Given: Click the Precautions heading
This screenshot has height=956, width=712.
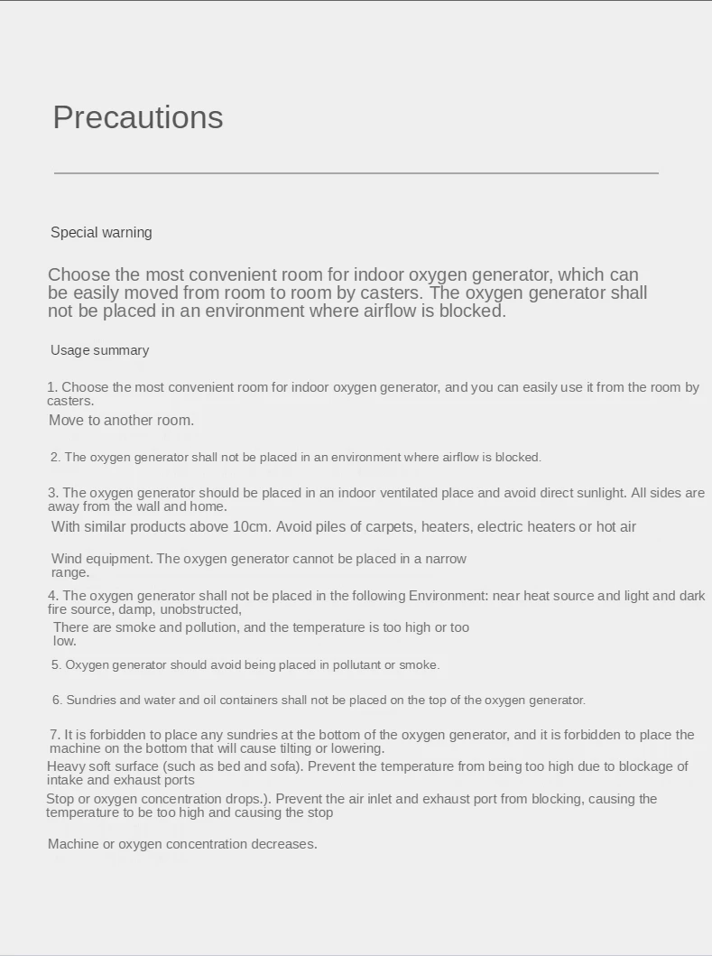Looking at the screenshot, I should [138, 117].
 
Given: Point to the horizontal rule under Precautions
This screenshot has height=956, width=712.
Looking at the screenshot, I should [356, 172].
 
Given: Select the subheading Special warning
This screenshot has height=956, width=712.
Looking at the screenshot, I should [101, 233].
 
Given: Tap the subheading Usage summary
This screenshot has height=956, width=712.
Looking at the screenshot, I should [99, 350].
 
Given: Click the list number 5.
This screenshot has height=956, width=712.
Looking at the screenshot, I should [55, 665].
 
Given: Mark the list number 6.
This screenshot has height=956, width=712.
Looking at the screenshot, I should [57, 701].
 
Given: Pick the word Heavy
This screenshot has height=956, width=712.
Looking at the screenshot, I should [66, 766].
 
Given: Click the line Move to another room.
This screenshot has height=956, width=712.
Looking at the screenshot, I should [121, 420].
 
